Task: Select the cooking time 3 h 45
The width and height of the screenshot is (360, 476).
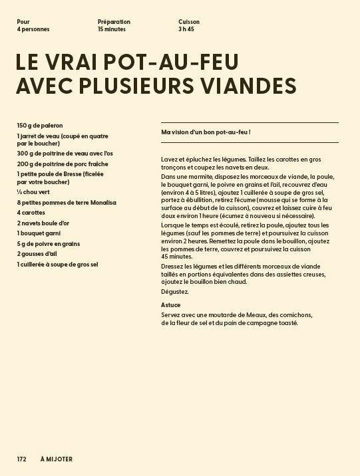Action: point(186,29)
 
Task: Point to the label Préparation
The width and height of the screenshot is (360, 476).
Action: point(114,22)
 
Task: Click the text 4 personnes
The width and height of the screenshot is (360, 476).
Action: point(33,29)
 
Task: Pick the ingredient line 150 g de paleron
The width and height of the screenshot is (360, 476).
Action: point(40,125)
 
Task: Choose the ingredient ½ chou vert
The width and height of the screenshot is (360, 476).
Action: point(33,192)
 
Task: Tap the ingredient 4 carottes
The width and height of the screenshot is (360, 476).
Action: point(31,213)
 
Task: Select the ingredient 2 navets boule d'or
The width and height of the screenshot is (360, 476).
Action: point(43,223)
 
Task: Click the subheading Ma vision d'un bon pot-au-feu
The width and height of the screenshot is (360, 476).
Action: point(206,132)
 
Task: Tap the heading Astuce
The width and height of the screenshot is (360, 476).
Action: point(171,305)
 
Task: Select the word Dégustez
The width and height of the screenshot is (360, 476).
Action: point(175,292)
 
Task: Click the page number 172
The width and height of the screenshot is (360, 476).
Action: point(22,459)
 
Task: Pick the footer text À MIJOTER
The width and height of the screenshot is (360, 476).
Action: point(57,459)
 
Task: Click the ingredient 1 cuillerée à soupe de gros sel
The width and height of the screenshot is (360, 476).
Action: point(58,264)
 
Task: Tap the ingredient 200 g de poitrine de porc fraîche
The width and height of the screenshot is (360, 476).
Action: point(63,164)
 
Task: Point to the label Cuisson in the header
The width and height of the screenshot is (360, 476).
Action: point(189,22)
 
